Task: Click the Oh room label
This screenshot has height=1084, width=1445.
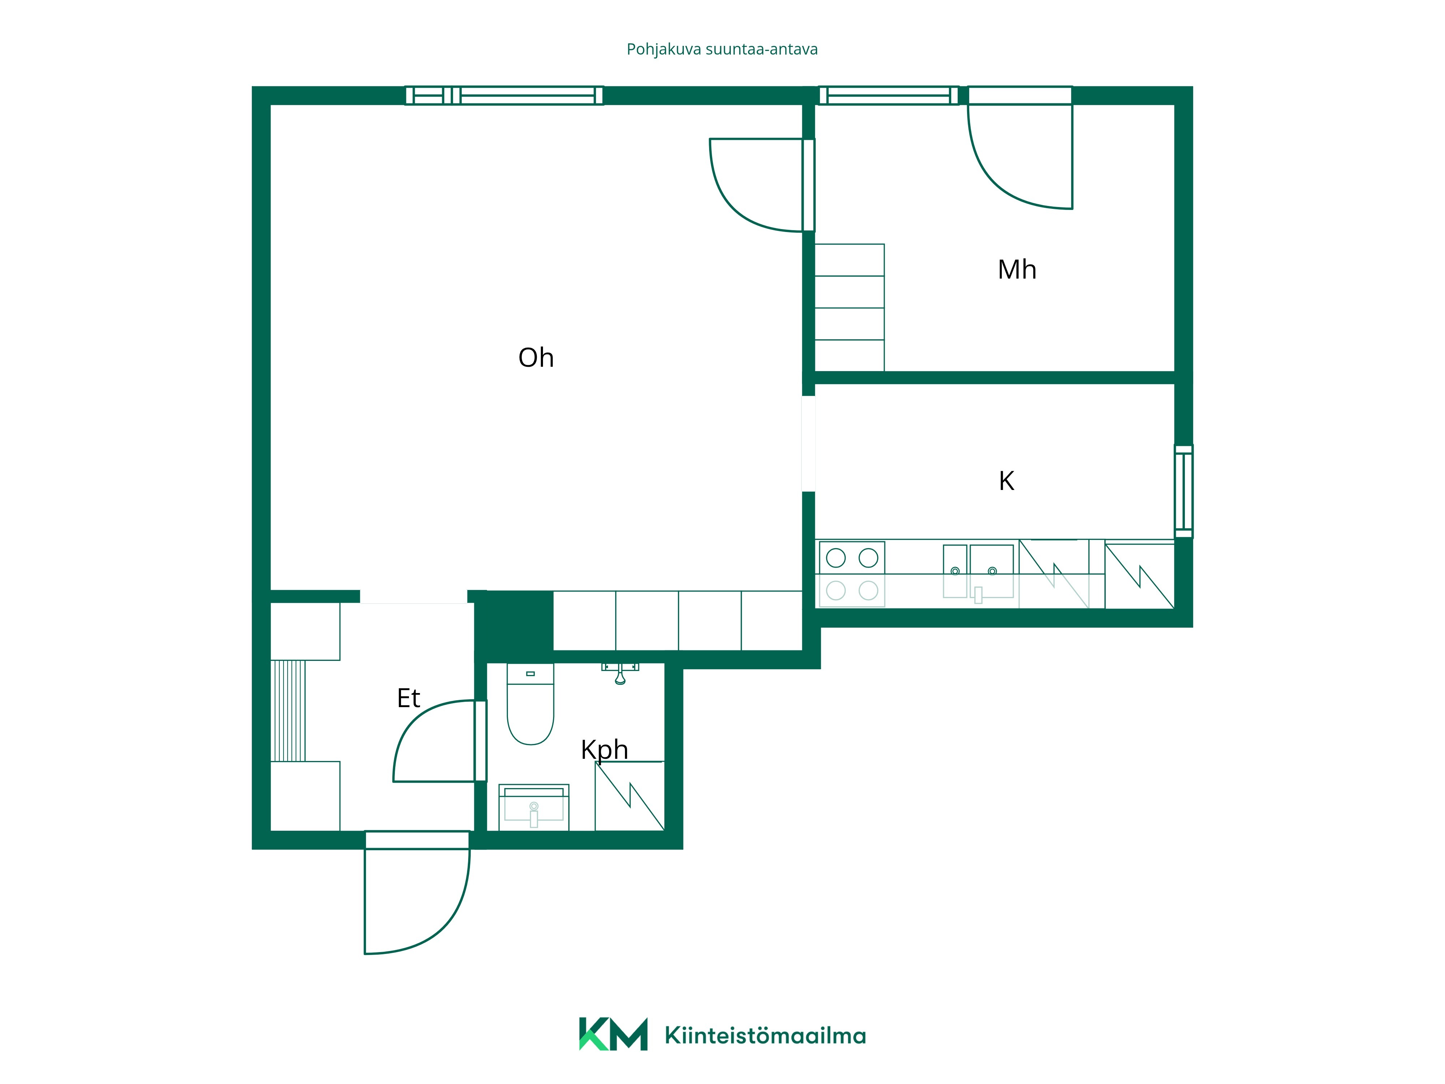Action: click(x=536, y=358)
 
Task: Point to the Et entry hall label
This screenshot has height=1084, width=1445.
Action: click(x=408, y=698)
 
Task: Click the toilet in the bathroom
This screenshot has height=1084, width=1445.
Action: click(x=530, y=704)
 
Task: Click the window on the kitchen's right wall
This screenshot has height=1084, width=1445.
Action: click(x=1184, y=491)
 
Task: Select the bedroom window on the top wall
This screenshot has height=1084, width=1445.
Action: click(x=888, y=95)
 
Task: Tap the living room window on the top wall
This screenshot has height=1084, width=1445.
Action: click(x=504, y=95)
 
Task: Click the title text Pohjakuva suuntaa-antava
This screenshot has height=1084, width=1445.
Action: click(x=722, y=50)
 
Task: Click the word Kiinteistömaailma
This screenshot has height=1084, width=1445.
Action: click(x=765, y=1036)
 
